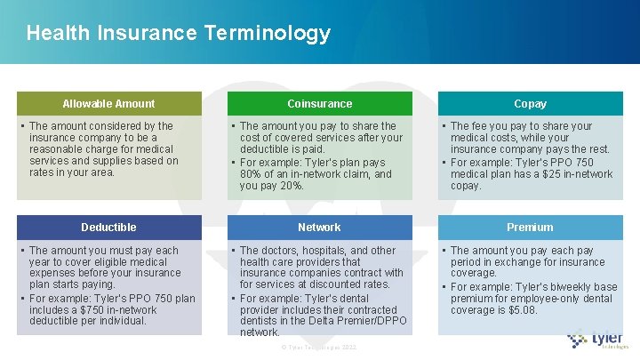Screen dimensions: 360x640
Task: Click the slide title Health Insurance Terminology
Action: tap(178, 34)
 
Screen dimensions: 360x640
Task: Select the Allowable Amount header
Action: tap(108, 104)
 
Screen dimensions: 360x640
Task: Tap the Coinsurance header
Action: tap(319, 104)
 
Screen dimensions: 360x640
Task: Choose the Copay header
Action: tap(530, 104)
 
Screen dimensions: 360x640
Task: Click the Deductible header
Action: tap(108, 228)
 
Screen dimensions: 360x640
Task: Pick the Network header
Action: tap(319, 228)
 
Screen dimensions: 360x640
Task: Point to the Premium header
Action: tap(530, 228)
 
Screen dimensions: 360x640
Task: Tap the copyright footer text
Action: tap(318, 347)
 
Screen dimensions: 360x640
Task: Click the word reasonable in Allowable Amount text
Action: tap(57, 149)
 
